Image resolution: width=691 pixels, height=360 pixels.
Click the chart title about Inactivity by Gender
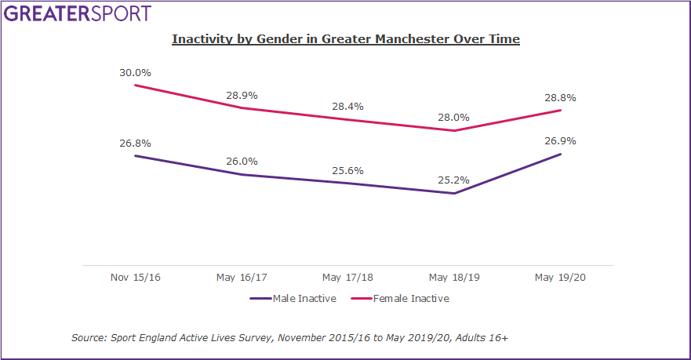point(346,38)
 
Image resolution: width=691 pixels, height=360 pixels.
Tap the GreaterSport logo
point(76,13)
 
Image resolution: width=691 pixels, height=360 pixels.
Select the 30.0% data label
point(135,72)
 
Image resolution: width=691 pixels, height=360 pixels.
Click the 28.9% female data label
point(242,95)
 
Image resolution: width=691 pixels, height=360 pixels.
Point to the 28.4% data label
point(348,106)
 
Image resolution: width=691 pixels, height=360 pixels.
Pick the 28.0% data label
point(454,118)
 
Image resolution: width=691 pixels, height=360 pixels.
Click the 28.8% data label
point(561,98)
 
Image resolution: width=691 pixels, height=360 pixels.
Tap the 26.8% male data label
point(135,144)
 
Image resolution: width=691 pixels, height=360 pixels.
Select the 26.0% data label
point(242,162)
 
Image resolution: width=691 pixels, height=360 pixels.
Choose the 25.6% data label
point(348,170)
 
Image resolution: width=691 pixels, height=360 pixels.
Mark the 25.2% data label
point(454,180)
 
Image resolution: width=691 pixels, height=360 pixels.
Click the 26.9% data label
point(561,141)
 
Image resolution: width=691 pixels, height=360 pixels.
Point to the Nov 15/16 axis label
point(135,278)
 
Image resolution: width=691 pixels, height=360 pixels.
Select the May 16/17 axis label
point(242,278)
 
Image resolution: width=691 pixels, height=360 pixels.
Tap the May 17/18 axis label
point(348,278)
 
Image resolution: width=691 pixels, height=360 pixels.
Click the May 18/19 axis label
point(454,278)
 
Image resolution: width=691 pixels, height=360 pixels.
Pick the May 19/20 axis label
point(561,278)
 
